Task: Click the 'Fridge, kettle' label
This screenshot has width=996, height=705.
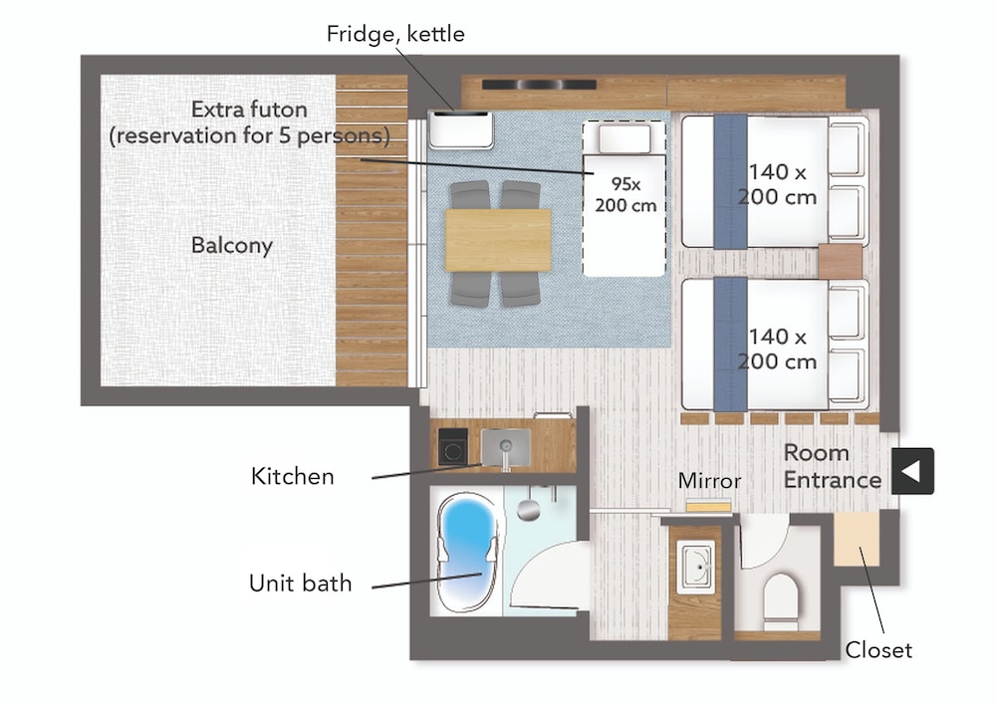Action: (395, 34)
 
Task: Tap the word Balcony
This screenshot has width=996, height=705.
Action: (232, 245)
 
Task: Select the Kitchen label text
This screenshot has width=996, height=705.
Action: (292, 476)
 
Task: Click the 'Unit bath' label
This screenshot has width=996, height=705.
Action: (300, 583)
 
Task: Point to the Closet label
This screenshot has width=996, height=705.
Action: (878, 650)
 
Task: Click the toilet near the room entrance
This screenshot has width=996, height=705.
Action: (779, 596)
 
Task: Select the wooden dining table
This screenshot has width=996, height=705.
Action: (497, 240)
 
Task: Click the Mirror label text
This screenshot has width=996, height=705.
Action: (709, 481)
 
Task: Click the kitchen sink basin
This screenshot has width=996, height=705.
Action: (504, 443)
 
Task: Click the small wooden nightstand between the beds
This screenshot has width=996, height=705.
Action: (840, 262)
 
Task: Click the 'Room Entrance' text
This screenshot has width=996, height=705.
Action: (832, 466)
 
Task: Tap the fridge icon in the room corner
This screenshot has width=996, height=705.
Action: (460, 129)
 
